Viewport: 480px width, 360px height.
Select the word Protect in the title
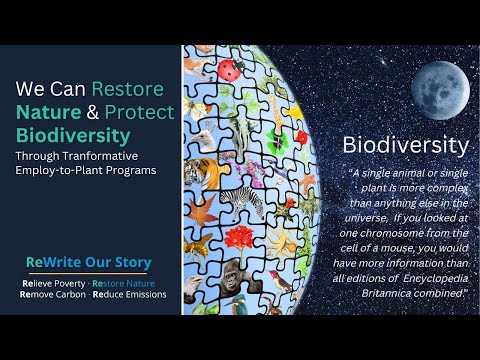click(139, 111)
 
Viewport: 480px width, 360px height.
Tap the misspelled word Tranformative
click(102, 155)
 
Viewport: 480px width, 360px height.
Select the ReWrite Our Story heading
click(89, 263)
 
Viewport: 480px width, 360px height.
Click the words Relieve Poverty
click(48, 283)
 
